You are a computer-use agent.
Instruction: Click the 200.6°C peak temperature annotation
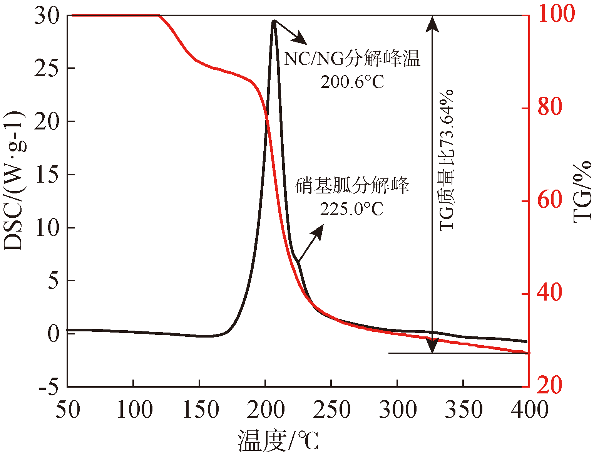(x=352, y=82)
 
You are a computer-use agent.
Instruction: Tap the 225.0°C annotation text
(x=351, y=209)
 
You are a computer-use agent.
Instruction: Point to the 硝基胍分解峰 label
(x=352, y=186)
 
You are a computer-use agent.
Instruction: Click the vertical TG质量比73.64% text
(x=447, y=160)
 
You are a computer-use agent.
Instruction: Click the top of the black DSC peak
(x=273, y=22)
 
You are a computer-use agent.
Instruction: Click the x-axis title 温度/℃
(x=278, y=441)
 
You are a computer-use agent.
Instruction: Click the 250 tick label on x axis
(x=331, y=409)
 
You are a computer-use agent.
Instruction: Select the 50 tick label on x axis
(x=68, y=409)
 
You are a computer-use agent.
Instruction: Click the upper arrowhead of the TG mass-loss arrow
(x=433, y=21)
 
